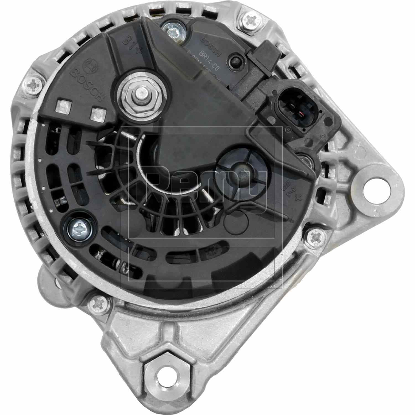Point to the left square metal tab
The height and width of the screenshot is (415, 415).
[x=63, y=107]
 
